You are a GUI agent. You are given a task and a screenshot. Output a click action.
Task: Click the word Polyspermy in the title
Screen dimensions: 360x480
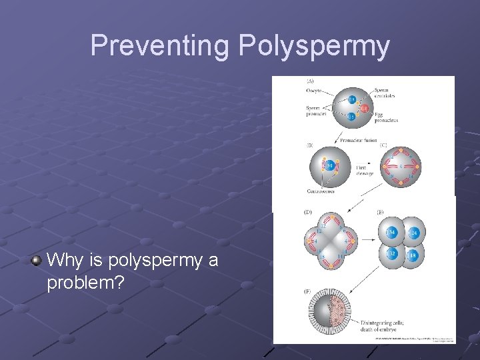[x=313, y=46]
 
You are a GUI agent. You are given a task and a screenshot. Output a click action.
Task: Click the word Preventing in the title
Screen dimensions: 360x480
[x=160, y=46]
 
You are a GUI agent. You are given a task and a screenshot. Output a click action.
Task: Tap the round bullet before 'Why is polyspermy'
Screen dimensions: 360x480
[x=36, y=260]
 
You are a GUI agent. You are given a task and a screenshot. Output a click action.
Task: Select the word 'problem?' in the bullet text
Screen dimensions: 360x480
[x=85, y=283]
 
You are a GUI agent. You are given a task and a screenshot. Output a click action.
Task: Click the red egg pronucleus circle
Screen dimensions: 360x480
[x=364, y=109]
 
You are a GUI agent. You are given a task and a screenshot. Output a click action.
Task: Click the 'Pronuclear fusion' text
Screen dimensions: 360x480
[x=358, y=141]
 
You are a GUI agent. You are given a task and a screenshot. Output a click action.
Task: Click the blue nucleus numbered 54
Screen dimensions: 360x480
[x=330, y=165]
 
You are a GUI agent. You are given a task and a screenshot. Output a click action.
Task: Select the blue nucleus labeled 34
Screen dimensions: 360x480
[x=391, y=231]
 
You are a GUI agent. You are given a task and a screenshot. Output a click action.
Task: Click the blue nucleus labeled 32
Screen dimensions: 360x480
[x=391, y=254]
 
